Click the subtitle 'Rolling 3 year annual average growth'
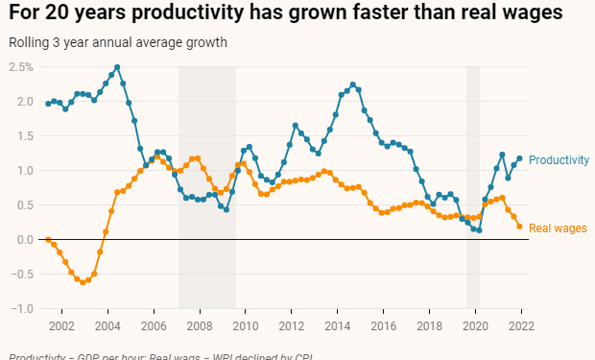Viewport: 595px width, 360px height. pyautogui.click(x=118, y=43)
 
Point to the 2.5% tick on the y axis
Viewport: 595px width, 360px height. pyautogui.click(x=21, y=67)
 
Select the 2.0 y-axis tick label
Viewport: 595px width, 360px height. pyautogui.click(x=24, y=102)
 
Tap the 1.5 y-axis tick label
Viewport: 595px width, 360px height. pyautogui.click(x=24, y=136)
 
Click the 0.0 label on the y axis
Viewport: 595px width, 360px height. pyautogui.click(x=24, y=240)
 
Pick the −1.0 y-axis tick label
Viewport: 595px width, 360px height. pyautogui.click(x=21, y=309)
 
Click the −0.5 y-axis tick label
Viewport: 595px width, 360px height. pyautogui.click(x=21, y=275)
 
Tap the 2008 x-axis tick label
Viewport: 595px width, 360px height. pyautogui.click(x=199, y=326)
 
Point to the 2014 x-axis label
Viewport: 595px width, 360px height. pyautogui.click(x=336, y=326)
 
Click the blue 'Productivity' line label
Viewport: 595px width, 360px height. pyautogui.click(x=559, y=160)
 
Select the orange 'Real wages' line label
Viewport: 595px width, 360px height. pyautogui.click(x=558, y=228)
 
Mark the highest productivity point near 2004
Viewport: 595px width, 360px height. pyautogui.click(x=117, y=68)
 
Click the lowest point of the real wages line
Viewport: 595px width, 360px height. pyautogui.click(x=83, y=282)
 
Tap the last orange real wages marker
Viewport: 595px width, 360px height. pyautogui.click(x=519, y=226)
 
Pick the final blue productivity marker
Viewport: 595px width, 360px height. pyautogui.click(x=519, y=158)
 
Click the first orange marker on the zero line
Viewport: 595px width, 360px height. pyautogui.click(x=48, y=239)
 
